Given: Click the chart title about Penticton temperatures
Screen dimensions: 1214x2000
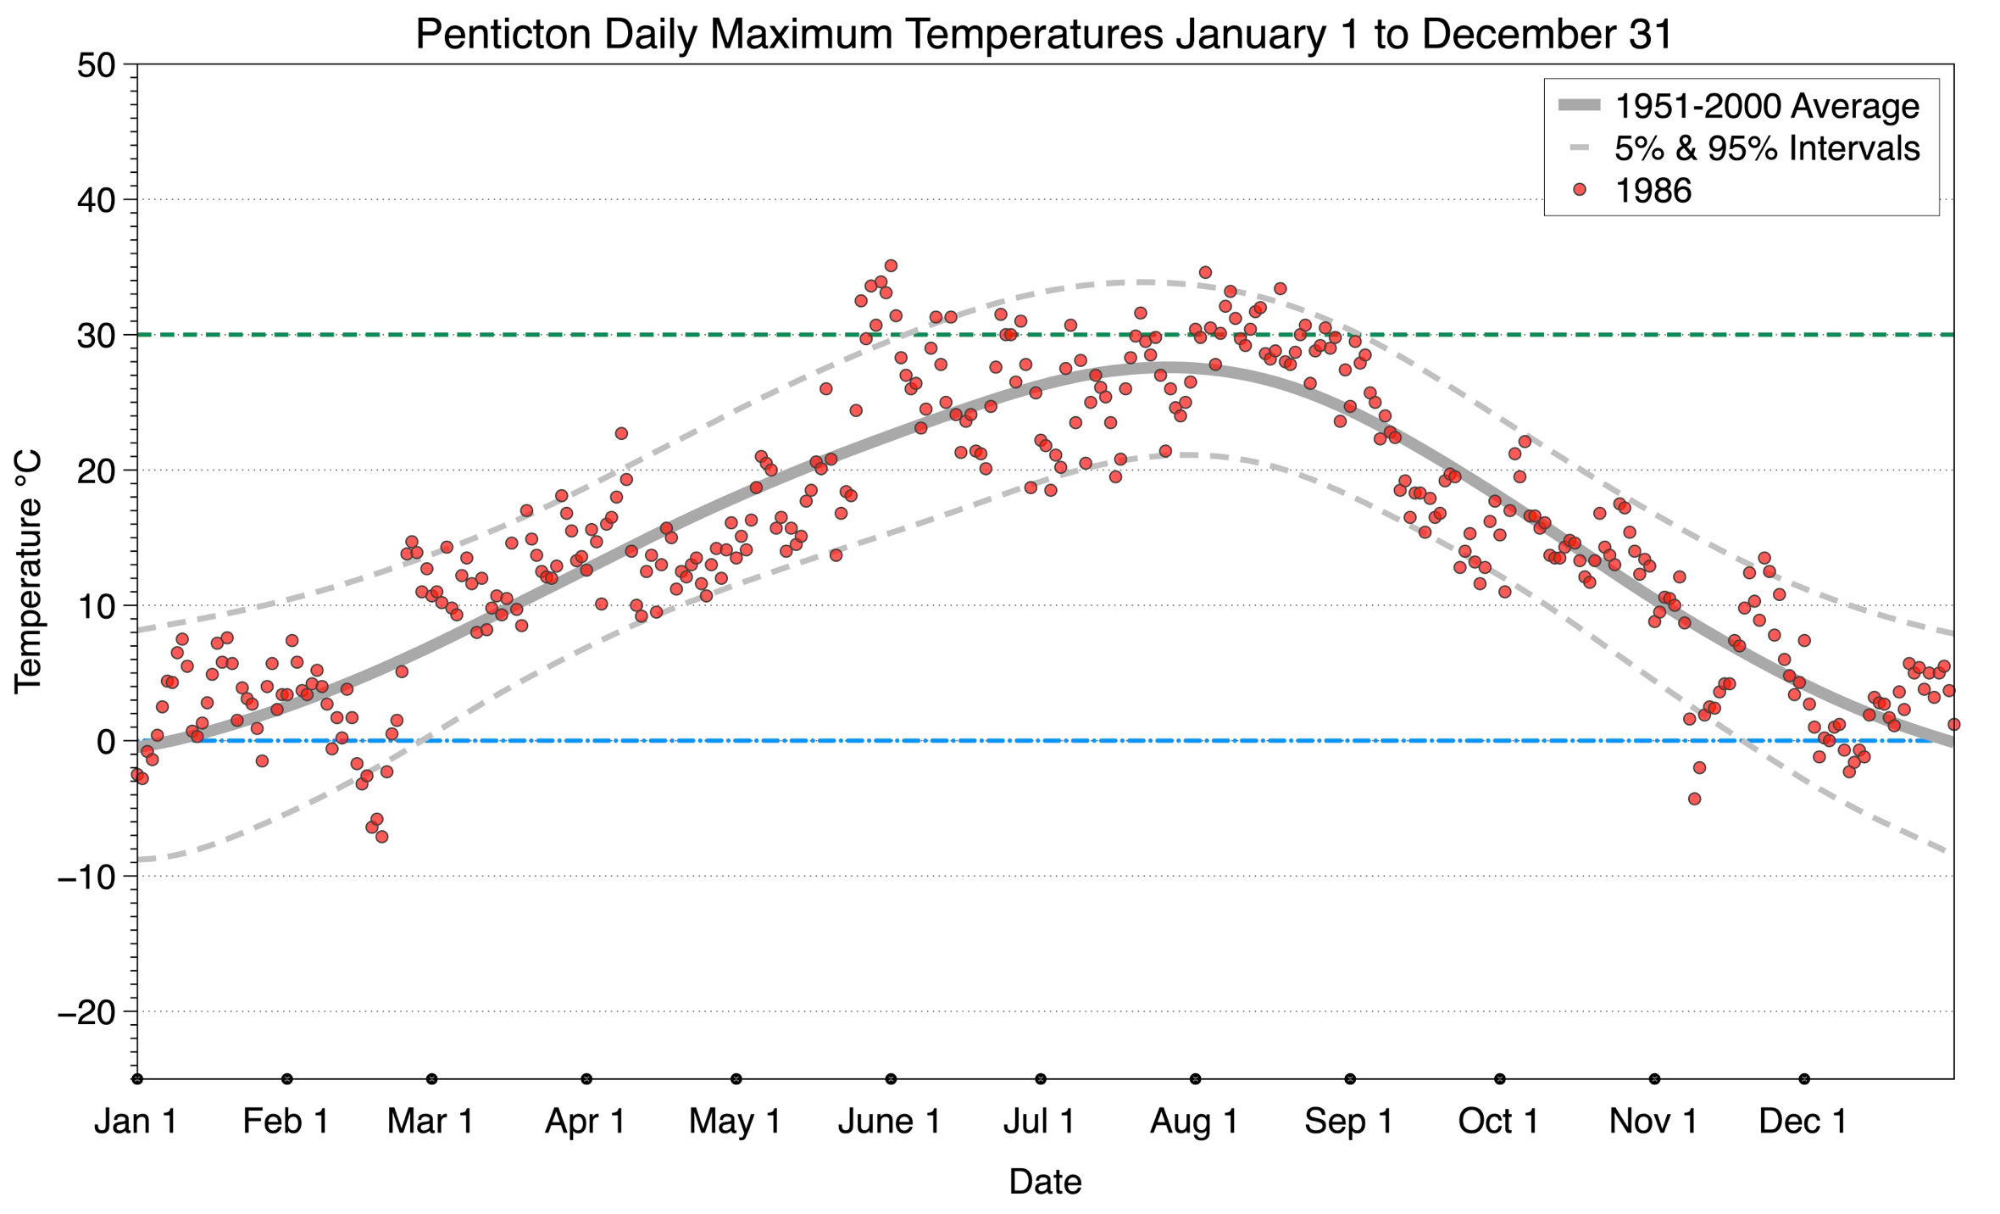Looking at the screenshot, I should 1044,34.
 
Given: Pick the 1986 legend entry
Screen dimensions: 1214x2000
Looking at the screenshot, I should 1653,190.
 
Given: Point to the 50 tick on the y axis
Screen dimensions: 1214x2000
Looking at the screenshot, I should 95,65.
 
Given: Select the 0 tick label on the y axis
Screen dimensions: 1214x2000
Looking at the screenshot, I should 105,742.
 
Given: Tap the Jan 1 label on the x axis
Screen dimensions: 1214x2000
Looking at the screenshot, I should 136,1122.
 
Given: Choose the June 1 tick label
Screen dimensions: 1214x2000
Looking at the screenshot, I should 889,1122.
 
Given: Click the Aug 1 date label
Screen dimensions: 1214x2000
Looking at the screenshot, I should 1194,1122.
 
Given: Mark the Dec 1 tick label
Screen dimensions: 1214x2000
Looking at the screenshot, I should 1803,1122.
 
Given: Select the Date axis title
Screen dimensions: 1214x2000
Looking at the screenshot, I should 1044,1182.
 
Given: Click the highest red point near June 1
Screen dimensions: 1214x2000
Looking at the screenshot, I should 891,266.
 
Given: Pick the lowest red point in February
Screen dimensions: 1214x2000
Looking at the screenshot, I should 382,837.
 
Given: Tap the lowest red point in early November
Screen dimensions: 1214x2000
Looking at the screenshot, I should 1694,799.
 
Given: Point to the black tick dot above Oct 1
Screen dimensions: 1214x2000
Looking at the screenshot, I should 1500,1079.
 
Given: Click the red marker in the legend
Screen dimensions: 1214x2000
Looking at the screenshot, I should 1579,190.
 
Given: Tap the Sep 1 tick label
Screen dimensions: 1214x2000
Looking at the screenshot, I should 1348,1122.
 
